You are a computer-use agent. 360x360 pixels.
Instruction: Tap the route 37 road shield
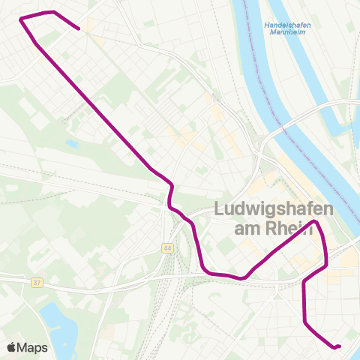[37, 283]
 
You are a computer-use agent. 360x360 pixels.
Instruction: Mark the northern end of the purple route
[79, 29]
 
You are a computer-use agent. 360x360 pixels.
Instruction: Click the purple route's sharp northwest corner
[20, 18]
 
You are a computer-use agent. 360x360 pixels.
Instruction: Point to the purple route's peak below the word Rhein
[316, 222]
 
